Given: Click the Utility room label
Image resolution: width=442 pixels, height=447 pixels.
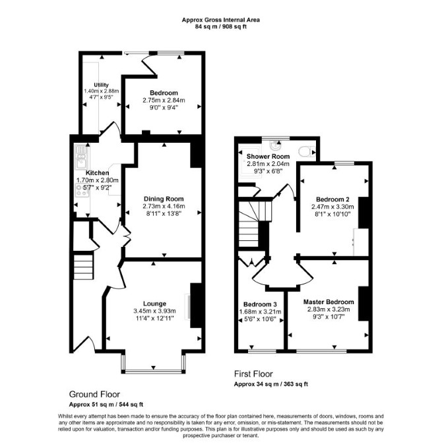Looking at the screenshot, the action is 101,85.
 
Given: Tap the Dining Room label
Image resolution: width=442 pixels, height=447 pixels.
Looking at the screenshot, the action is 164,199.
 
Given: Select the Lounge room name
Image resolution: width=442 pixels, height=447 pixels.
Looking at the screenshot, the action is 154,304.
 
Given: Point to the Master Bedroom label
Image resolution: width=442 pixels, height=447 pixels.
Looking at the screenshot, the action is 329,302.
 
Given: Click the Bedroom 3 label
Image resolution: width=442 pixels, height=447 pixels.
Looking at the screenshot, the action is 260,304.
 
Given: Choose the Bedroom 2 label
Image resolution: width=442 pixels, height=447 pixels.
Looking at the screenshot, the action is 332,199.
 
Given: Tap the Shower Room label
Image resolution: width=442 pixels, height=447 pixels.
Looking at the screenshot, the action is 268,157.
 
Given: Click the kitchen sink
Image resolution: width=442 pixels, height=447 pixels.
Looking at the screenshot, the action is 81,157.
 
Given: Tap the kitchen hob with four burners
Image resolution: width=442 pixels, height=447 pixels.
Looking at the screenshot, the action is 82,190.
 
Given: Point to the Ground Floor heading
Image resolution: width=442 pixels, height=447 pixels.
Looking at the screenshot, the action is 94,394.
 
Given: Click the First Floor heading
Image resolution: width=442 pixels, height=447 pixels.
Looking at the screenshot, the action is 253,374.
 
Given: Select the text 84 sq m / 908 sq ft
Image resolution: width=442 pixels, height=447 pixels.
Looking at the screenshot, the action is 221,27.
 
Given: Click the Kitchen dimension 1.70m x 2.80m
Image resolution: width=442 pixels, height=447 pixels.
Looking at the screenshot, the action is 98,180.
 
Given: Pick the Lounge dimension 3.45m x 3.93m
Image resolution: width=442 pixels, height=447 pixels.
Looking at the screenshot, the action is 154,311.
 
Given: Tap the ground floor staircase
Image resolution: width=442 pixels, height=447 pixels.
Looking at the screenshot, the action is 83,267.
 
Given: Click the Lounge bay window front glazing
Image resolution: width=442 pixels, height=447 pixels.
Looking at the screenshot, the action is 154,371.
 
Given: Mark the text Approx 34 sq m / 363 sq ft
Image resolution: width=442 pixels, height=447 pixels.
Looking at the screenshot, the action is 271,384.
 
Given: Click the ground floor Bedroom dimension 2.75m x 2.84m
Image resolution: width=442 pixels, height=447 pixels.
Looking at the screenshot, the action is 164,100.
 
